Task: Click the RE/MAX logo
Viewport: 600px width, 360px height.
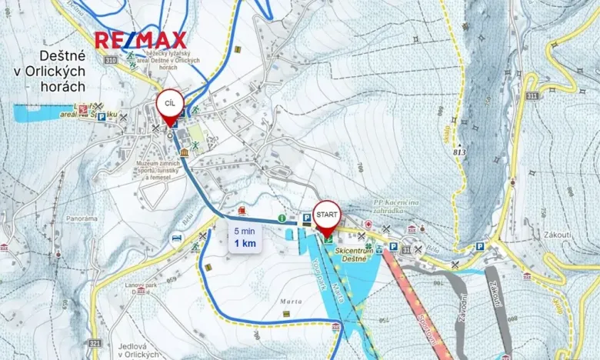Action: (141, 40)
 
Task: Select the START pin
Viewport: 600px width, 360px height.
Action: (326, 216)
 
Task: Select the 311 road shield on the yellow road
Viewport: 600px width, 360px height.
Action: (532, 95)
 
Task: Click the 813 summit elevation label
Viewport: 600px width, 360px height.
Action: (460, 151)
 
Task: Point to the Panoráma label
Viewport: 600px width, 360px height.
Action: (82, 218)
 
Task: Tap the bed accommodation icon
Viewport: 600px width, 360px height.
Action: (176, 238)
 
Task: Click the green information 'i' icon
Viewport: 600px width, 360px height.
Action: (282, 218)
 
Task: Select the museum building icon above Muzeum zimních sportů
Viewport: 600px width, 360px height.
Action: (184, 152)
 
